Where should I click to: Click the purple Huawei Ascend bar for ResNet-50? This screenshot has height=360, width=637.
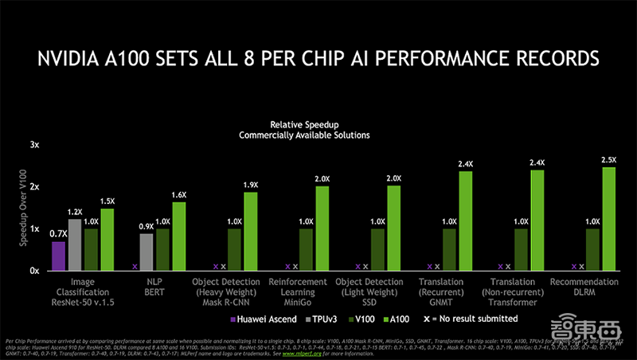(58, 255)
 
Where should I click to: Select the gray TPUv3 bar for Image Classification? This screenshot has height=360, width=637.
(75, 244)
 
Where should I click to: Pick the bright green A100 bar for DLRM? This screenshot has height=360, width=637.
(608, 218)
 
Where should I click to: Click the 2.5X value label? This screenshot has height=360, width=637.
(609, 160)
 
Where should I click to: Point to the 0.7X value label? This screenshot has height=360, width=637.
(57, 234)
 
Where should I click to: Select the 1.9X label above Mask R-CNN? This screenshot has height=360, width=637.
(251, 186)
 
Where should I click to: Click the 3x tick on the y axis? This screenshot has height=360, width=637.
(34, 145)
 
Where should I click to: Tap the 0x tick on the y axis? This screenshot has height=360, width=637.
(34, 271)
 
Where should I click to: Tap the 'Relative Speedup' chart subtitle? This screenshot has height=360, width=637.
(304, 125)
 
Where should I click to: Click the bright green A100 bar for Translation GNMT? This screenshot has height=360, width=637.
(465, 221)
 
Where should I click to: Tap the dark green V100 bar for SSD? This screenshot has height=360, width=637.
(378, 249)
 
